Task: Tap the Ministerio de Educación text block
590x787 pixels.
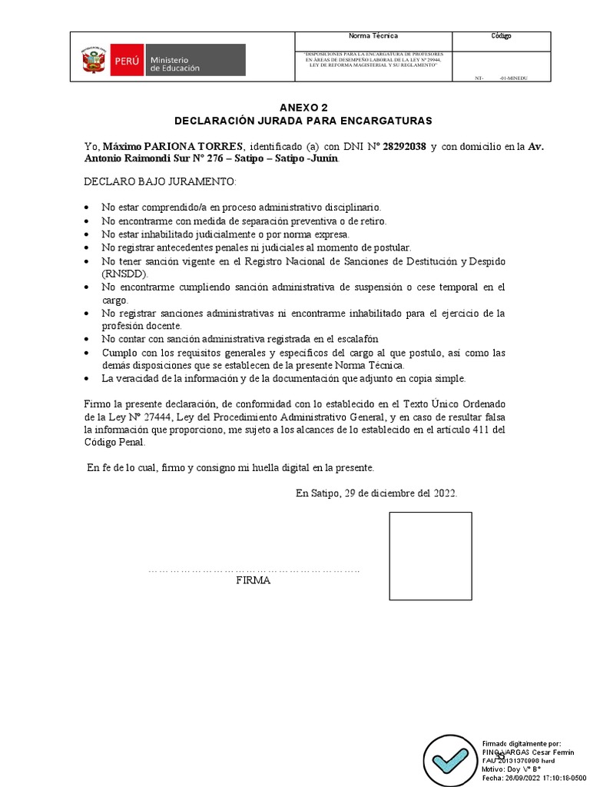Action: tap(174, 63)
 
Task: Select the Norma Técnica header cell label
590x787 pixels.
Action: tap(373, 36)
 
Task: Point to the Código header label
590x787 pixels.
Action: tap(501, 36)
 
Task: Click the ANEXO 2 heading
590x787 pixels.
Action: tap(303, 108)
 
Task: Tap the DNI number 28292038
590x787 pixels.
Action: tap(404, 147)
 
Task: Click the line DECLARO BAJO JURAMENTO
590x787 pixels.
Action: tap(161, 181)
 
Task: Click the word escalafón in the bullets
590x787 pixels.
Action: tap(355, 339)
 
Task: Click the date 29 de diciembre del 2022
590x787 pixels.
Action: tap(398, 493)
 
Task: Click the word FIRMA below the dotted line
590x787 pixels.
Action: tap(253, 581)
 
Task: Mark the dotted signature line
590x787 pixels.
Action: tap(254, 570)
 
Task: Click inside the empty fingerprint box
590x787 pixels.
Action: tap(430, 556)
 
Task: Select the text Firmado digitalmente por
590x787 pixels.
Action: tap(521, 744)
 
